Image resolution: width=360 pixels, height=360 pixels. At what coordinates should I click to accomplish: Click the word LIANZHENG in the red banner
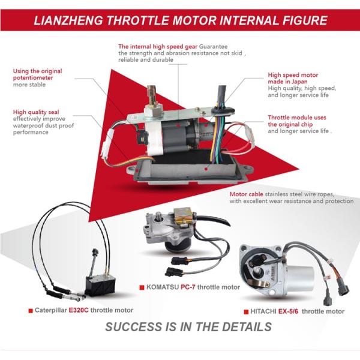pos(68,20)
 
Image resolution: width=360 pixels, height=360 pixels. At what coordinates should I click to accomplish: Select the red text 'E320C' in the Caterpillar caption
pos(79,310)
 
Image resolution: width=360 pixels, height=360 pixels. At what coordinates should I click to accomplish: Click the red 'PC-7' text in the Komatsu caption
pos(188,287)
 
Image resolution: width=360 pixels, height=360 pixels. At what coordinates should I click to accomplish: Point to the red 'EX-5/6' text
pos(288,311)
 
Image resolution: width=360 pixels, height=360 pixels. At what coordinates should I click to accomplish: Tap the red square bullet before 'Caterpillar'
pos(31,311)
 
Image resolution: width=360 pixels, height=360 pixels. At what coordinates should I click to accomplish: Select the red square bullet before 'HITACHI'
pos(246,312)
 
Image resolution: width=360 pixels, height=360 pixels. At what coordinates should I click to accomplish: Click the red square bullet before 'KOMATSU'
pos(142,287)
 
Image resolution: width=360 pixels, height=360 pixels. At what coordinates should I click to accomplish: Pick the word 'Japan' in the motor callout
pos(299,82)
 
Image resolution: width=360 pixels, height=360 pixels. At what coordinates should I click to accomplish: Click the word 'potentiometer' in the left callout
pos(33,78)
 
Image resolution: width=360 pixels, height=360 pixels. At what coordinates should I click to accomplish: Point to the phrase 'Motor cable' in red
pos(247,194)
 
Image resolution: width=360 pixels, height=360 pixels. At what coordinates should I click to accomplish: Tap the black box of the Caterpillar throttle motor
pos(100,285)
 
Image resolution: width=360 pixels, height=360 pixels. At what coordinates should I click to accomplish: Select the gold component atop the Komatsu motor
pos(183,215)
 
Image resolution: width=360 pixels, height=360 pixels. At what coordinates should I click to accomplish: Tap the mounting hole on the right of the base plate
pos(247,169)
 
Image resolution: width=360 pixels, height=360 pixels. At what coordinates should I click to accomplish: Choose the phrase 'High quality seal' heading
pos(36,112)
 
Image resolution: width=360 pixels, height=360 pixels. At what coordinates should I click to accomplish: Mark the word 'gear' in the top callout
pos(191,47)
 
